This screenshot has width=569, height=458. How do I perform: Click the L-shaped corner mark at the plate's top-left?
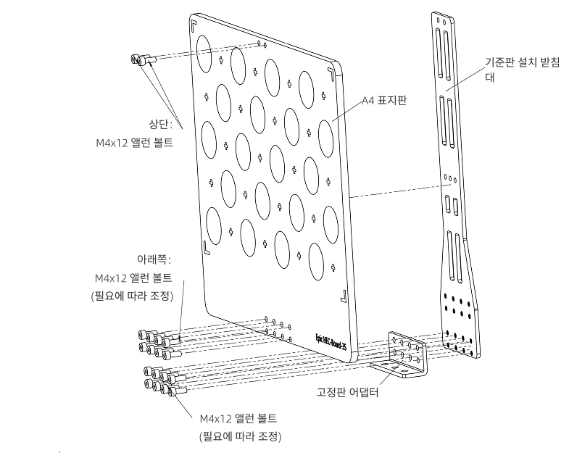194,24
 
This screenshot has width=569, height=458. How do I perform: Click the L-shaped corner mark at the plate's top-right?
330,72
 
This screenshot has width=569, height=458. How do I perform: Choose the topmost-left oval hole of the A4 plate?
203,48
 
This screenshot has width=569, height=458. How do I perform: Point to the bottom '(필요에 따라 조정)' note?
241,437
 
